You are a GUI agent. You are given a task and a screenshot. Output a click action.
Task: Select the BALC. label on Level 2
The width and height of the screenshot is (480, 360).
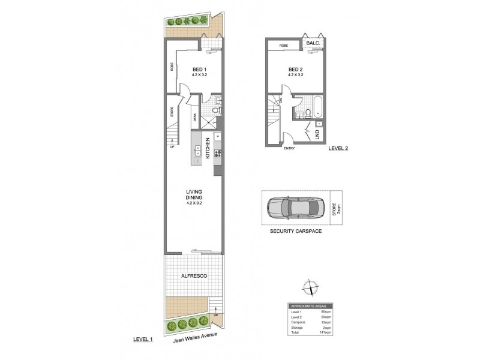(x=313, y=44)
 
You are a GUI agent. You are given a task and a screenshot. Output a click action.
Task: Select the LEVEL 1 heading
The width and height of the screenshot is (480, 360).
(x=143, y=340)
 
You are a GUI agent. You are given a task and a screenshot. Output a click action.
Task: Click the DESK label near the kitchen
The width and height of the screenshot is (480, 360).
(x=195, y=118)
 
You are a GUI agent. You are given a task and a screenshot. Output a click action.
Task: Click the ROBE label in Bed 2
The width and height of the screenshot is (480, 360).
(x=284, y=45)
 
